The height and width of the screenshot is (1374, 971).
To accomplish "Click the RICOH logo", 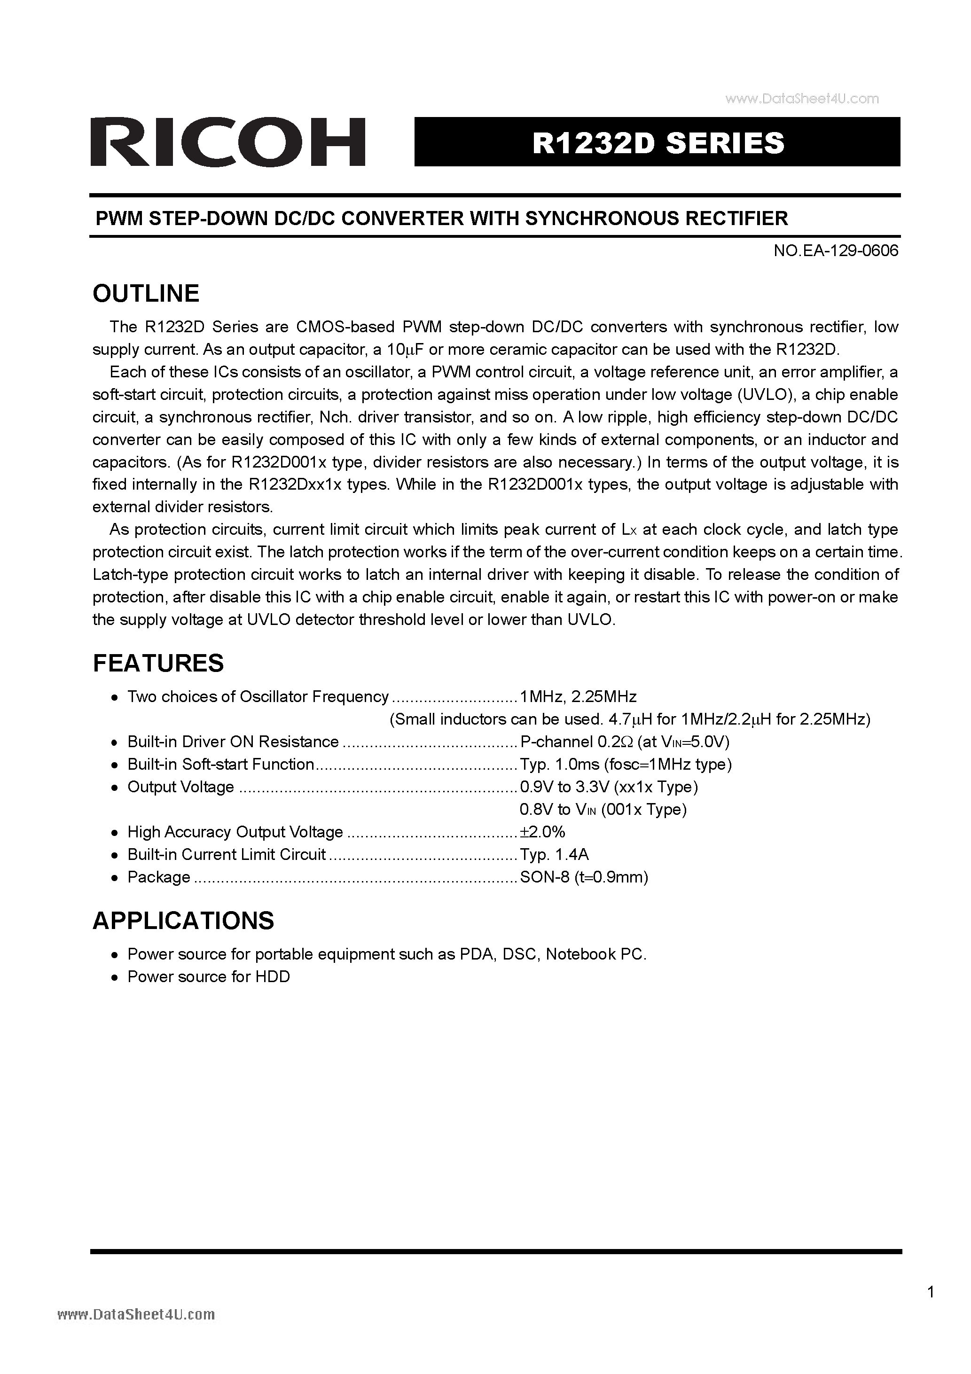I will pyautogui.click(x=227, y=142).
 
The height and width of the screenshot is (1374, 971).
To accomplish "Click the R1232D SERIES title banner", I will pyautogui.click(x=658, y=142).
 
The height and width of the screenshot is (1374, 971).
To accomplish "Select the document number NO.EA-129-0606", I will pyautogui.click(x=836, y=251).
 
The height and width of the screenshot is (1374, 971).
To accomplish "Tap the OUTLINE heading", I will pyautogui.click(x=146, y=293).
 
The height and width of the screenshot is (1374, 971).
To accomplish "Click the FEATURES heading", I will pyautogui.click(x=158, y=663).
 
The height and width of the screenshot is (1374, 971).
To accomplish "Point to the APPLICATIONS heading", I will pyautogui.click(x=183, y=921).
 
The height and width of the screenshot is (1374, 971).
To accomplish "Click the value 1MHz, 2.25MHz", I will pyautogui.click(x=578, y=696).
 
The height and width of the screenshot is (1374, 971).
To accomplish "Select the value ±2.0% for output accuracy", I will pyautogui.click(x=542, y=832).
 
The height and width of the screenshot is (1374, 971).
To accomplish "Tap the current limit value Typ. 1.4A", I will pyautogui.click(x=554, y=855).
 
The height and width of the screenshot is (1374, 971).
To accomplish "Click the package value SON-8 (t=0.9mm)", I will pyautogui.click(x=584, y=877).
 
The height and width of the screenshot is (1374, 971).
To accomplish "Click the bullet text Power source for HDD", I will pyautogui.click(x=208, y=976).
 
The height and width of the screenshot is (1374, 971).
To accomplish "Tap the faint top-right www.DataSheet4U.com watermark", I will pyautogui.click(x=802, y=99).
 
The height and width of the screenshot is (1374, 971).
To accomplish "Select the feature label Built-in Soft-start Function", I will pyautogui.click(x=220, y=764).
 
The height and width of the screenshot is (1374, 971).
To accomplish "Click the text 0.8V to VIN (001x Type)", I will pyautogui.click(x=603, y=810).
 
